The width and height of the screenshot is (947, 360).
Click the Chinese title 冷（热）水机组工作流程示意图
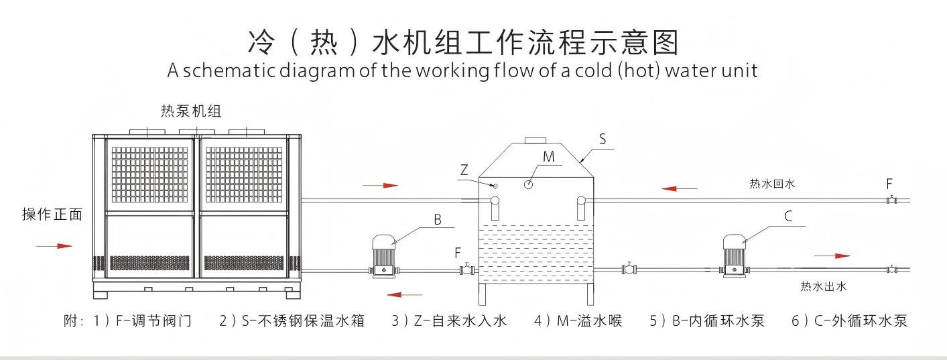[x=463, y=42]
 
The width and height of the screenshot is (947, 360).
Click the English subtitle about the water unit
[x=462, y=71]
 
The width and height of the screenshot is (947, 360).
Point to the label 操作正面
[x=52, y=215]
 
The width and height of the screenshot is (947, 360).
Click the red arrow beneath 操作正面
[x=54, y=246]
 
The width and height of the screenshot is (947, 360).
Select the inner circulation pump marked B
[x=384, y=255]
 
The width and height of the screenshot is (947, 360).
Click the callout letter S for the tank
[x=602, y=139]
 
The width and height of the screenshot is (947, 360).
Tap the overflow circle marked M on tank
[x=529, y=184]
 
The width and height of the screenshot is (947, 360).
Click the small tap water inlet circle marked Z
[x=495, y=186]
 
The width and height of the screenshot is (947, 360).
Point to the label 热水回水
[x=772, y=182]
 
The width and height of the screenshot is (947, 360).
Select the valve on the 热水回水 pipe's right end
[x=891, y=199]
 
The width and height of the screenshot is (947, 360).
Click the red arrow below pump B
[x=405, y=294]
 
